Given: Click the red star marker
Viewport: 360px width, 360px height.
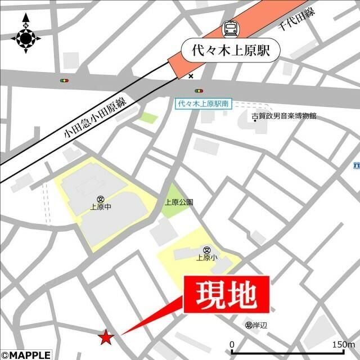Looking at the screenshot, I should pos(105,337).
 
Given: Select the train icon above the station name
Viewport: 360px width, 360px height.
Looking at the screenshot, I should pos(229,28).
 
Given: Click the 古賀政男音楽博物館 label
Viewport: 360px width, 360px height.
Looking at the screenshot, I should pos(284,115).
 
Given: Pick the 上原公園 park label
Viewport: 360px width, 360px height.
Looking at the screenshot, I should pos(179,202).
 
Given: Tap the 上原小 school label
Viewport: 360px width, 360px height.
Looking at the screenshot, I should pos(207,258).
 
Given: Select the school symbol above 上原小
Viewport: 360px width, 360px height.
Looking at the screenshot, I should pos(207,250).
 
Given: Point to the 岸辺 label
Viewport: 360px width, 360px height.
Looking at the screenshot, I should pos(259,325).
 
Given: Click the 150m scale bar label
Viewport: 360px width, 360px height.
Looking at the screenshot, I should pos(343,344).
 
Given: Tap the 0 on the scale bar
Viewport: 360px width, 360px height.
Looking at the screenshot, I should pos(232,344).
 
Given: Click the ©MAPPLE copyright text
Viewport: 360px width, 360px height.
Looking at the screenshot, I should pos(26,355).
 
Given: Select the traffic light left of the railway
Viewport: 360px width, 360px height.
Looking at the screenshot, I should pos(65,81).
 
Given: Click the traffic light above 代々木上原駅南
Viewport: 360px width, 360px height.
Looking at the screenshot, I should pos(199,90).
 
